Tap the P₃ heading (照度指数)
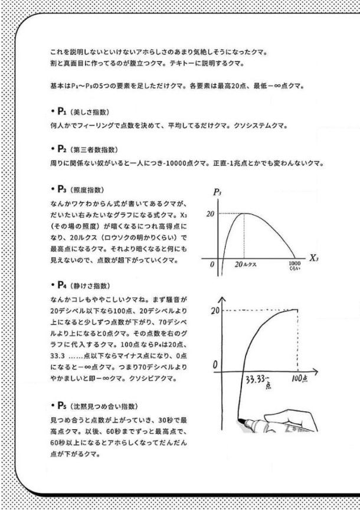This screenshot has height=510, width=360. pyautogui.click(x=77, y=189)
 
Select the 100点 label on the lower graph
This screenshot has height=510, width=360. pyautogui.click(x=299, y=377)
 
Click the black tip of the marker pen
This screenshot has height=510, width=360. pyautogui.click(x=241, y=420)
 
